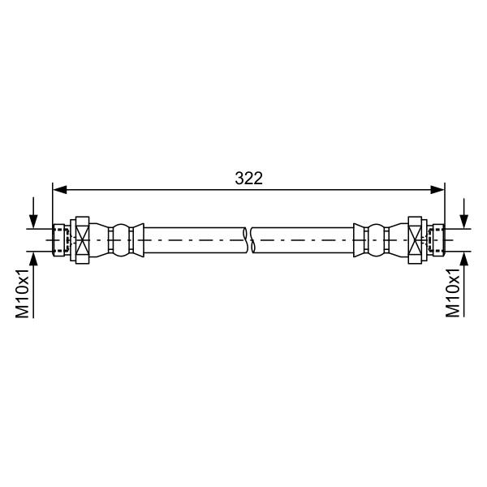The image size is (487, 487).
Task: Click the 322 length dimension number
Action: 249,179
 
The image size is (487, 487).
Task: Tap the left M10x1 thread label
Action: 23,294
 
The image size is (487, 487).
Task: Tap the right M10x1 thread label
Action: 453,293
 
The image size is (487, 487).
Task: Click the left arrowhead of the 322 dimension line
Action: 59,189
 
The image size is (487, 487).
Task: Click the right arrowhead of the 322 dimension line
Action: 437,189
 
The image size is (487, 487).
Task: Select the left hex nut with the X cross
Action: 83,240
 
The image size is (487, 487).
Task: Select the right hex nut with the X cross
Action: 415,240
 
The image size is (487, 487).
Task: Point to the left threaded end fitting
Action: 59,240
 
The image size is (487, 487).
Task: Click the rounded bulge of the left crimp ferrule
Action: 121,240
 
